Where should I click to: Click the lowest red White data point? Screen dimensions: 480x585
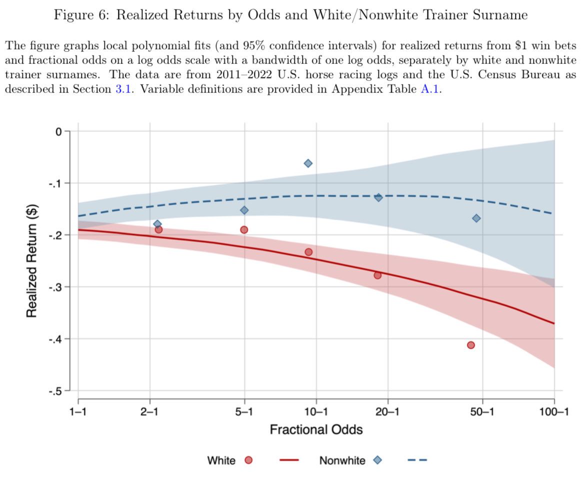pos(470,345)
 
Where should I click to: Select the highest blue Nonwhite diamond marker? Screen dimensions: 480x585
pos(308,163)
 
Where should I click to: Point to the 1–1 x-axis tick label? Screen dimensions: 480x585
pos(78,412)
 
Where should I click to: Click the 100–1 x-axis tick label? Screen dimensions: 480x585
pos(553,412)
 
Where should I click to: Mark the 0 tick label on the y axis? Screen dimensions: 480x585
pos(58,131)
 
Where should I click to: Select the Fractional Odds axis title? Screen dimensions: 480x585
pos(316,430)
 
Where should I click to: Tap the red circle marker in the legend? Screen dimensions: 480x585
pos(248,460)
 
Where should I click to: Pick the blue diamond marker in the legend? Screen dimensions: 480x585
pos(377,460)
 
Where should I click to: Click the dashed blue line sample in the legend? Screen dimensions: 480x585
pos(417,460)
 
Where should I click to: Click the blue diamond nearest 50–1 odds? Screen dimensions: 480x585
pos(476,218)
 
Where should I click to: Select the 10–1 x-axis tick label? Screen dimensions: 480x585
pos(315,412)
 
